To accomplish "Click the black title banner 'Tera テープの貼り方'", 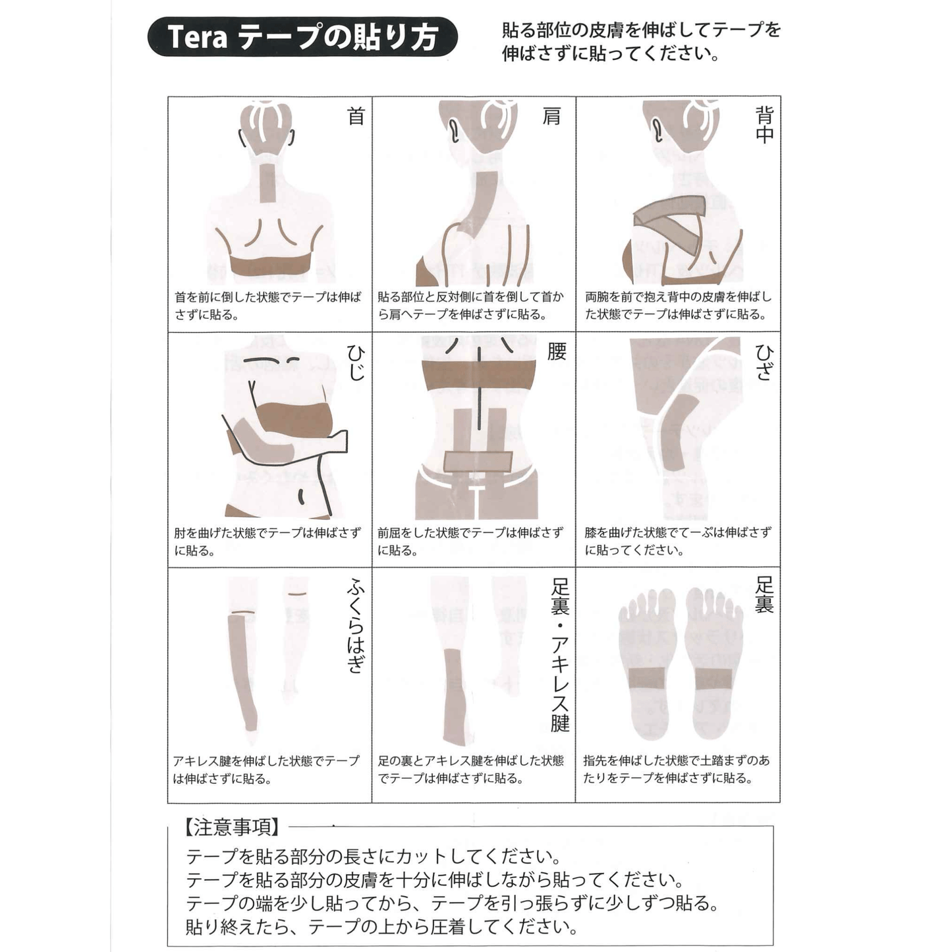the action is pos(302,36).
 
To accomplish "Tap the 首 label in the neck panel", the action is pos(356,117).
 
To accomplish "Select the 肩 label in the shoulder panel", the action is pos(551,117).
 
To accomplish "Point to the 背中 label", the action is pos(764,125).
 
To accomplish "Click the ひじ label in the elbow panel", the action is pos(356,362).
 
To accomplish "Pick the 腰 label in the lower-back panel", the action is pos(556,352).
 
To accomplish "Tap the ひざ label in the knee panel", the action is pos(764,362).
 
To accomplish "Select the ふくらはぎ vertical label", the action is pos(356,627).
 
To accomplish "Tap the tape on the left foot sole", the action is pos(647,679).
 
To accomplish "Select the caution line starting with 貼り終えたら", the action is pos(382,926).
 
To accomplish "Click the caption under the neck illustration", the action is pos(267,306).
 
